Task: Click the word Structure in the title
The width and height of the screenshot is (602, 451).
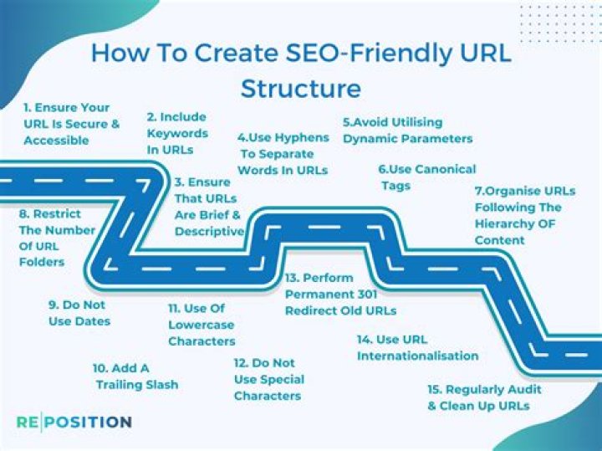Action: click(x=301, y=89)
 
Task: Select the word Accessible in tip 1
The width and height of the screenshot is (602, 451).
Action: click(x=57, y=141)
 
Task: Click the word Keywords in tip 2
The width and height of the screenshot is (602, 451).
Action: click(x=177, y=134)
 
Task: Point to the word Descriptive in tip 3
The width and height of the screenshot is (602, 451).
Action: click(x=209, y=231)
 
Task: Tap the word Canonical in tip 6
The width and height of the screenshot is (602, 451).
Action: click(x=446, y=169)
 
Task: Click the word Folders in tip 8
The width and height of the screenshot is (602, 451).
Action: click(x=42, y=262)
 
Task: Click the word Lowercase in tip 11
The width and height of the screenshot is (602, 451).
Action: click(x=202, y=325)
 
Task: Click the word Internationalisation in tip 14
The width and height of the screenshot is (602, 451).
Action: click(x=418, y=356)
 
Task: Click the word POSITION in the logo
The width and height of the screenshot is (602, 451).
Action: click(x=89, y=422)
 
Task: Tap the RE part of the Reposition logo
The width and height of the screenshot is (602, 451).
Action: click(x=28, y=422)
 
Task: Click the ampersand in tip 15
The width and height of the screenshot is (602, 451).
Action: click(x=432, y=406)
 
